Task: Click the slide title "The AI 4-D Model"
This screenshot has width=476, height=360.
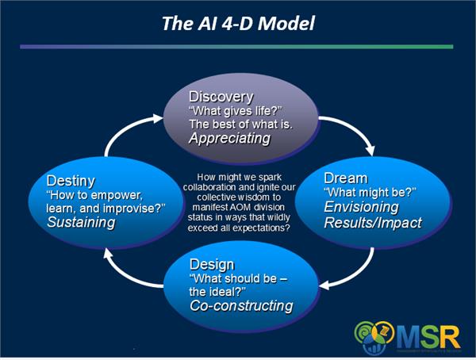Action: coord(239,23)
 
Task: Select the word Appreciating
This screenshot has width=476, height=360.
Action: coord(229,138)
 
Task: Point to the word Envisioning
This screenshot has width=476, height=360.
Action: coord(362,207)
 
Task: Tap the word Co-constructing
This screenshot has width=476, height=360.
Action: coord(240,306)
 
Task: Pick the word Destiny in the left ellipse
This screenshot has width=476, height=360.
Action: coord(72,180)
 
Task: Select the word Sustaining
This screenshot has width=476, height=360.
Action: coord(81,223)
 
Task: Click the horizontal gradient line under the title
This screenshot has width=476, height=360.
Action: coord(238,47)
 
